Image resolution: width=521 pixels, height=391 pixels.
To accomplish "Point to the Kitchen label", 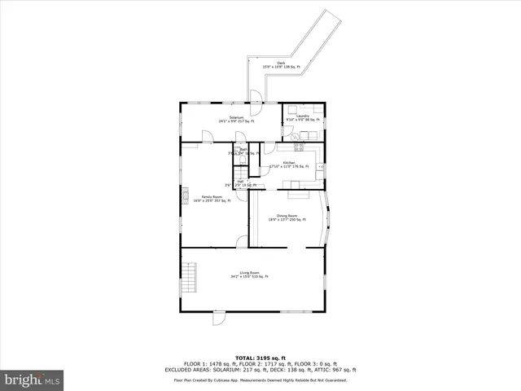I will click(x=288, y=163).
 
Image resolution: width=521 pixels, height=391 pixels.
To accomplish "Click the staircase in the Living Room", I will click(x=190, y=279).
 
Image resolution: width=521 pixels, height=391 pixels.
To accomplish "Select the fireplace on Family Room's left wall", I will click(x=186, y=195).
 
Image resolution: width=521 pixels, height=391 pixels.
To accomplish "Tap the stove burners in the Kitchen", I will click(x=298, y=147).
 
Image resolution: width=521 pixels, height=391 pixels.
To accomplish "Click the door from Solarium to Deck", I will click(x=256, y=110).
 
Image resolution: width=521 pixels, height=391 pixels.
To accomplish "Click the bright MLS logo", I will click(x=33, y=380).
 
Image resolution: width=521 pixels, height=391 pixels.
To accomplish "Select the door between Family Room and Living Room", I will click(x=242, y=242).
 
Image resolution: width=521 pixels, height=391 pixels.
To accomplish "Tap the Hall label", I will click(x=240, y=183).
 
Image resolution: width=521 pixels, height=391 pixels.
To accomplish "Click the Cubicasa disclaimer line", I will click(x=260, y=380).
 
